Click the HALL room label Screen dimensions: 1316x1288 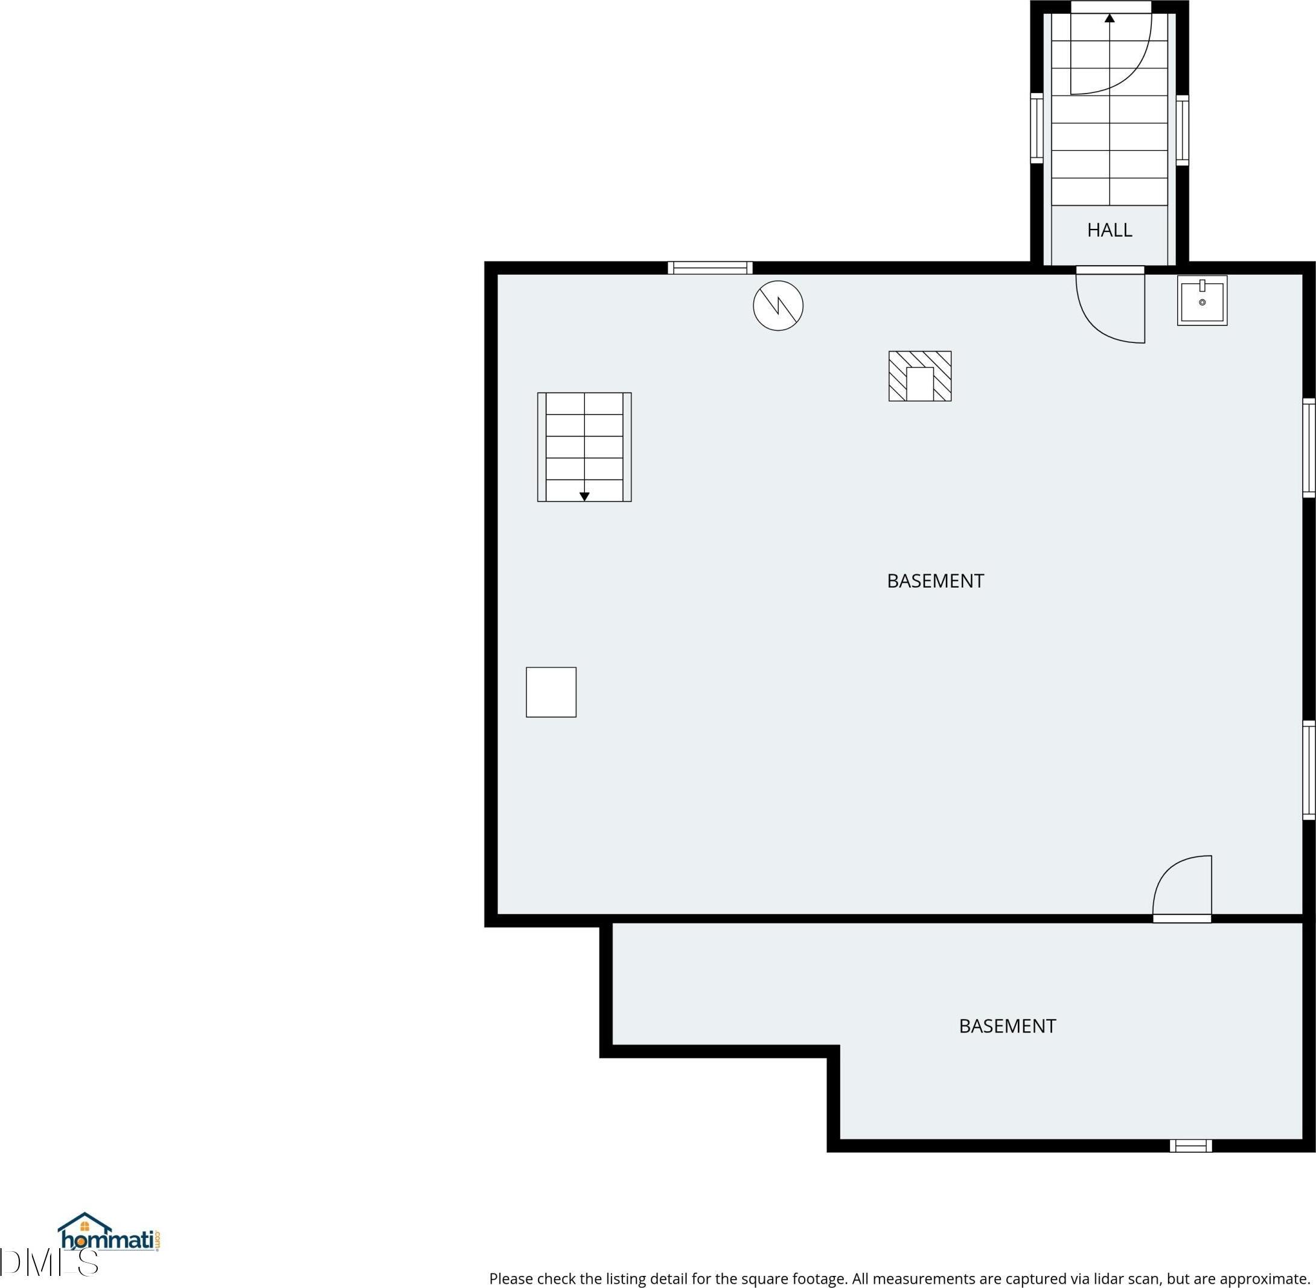1109,230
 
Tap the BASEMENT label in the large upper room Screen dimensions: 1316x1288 935,580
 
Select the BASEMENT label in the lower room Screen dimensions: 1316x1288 1007,1026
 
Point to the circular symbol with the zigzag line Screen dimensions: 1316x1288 778,306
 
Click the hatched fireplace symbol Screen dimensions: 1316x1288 920,376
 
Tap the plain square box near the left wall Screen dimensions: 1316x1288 551,692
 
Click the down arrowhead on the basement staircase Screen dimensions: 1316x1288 584,496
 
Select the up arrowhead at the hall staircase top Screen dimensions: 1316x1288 1109,18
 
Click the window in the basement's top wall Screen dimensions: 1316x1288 710,268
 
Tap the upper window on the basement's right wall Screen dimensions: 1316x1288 1309,449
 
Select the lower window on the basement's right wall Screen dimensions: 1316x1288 1309,771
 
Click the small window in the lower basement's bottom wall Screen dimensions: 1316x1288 1191,1146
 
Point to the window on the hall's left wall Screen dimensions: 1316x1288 1037,129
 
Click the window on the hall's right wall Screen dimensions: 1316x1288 1182,130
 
